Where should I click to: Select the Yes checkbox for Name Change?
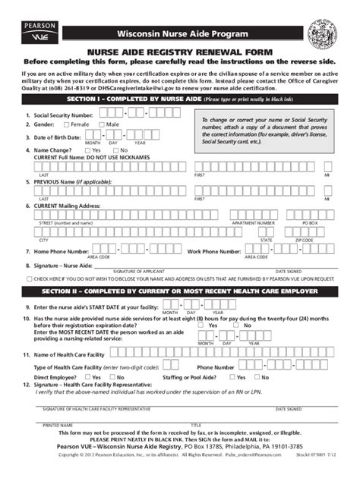[x=87, y=150]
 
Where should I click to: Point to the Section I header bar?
[x=180, y=99]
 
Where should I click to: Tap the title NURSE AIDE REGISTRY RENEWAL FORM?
[x=179, y=52]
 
